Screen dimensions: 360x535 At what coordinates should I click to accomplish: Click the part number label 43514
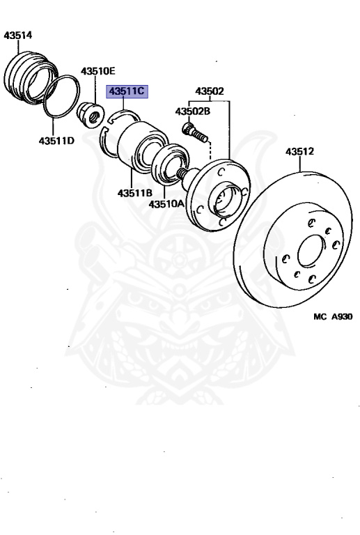(17, 35)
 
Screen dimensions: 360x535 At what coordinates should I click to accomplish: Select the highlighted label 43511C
(127, 91)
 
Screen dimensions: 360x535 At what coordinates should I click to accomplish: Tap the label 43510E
(98, 71)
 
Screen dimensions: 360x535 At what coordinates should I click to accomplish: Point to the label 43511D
(56, 141)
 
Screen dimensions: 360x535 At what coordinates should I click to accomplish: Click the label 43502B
(193, 111)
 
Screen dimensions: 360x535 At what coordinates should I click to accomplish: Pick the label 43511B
(135, 193)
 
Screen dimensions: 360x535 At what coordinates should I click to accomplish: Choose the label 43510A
(166, 204)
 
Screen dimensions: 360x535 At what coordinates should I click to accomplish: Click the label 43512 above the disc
(299, 151)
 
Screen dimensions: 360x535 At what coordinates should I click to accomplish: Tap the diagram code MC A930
(333, 317)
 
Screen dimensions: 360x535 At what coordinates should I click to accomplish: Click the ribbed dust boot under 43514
(31, 78)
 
